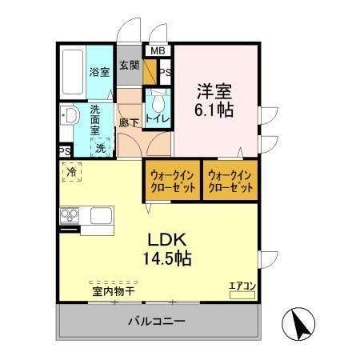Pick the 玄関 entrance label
(x=129, y=65)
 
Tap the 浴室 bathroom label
(x=99, y=72)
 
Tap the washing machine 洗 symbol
(x=101, y=147)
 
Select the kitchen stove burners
(x=69, y=215)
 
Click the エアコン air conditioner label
(x=242, y=285)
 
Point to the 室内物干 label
(x=113, y=292)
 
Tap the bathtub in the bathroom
(x=74, y=71)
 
